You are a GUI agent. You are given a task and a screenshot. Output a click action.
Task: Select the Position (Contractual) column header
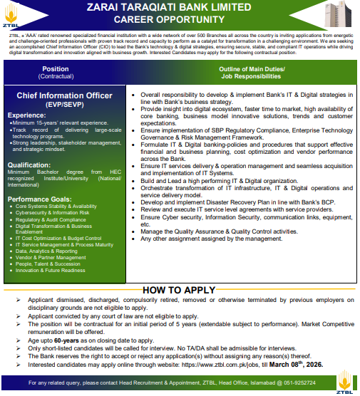65,73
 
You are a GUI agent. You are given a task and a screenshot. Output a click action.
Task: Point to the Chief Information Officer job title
65,95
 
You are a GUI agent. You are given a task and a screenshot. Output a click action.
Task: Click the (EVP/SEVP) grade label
65,105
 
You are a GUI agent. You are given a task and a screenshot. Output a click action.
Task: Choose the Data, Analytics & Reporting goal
46,251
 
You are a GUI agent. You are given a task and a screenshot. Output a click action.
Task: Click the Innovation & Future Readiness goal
51,270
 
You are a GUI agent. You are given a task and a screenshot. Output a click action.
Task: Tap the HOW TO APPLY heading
179,290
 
